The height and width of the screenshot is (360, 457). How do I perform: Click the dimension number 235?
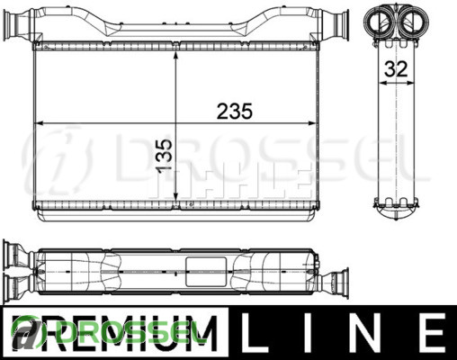pos(235,111)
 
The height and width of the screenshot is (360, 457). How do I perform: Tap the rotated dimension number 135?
pos(165,156)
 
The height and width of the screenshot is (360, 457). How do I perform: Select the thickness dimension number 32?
pos(396,69)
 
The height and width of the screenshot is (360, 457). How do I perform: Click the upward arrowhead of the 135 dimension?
pos(176,57)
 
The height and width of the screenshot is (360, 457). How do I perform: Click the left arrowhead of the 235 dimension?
pos(40,123)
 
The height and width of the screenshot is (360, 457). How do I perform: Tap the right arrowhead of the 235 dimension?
pos(311,123)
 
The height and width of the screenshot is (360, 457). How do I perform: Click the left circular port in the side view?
pos(380,20)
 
